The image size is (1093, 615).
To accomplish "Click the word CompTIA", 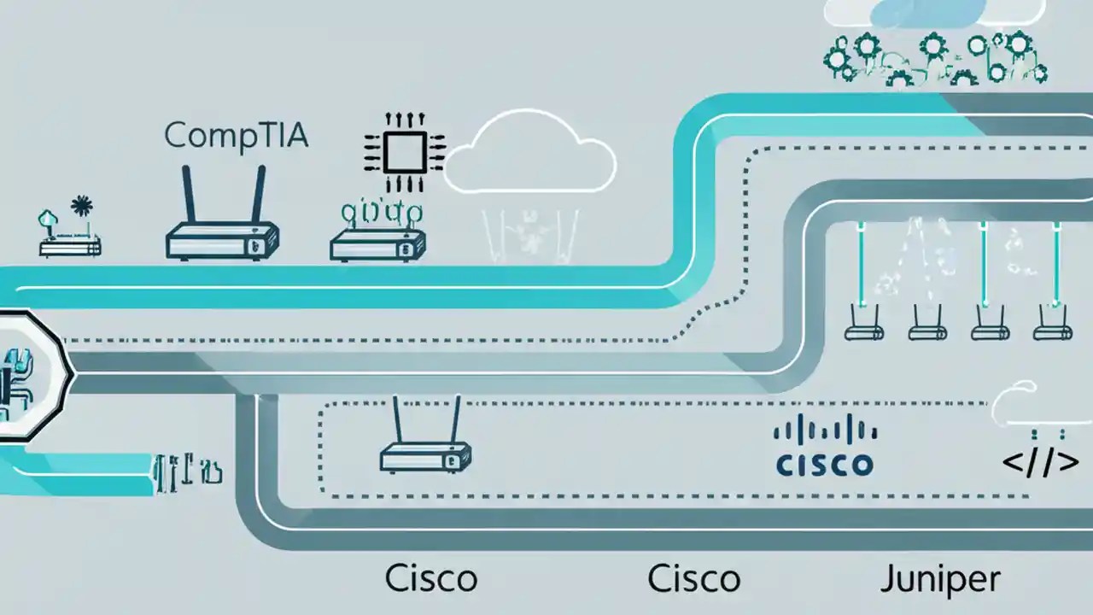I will [x=235, y=135].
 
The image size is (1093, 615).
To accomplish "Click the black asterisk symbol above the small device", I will [x=82, y=206].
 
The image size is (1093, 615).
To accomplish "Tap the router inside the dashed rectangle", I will [x=425, y=457].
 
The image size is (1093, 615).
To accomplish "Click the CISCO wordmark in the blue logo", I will [x=824, y=464].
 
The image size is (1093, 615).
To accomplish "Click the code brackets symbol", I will [x=1039, y=463].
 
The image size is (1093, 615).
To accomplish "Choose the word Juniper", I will [x=939, y=579].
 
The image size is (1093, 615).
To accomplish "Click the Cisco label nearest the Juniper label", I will [x=693, y=579].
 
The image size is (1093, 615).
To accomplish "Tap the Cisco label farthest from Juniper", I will [x=430, y=579].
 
